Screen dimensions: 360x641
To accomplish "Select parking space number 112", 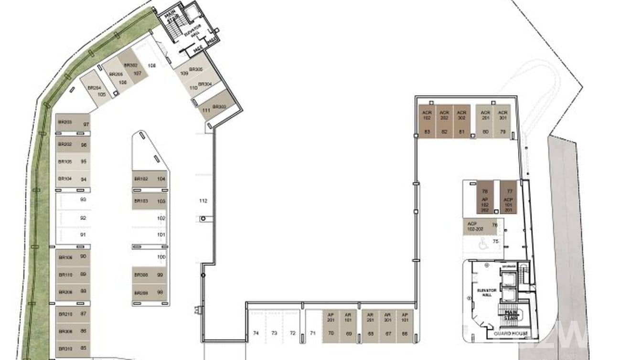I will coord(203,201).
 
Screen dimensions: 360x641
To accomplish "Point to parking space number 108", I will coord(152,65).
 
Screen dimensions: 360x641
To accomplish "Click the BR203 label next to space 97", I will coord(64,122).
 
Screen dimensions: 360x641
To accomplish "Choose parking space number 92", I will coord(83,218).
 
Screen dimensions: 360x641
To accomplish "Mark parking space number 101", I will coord(161,234).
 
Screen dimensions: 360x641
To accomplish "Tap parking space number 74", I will coord(256,333).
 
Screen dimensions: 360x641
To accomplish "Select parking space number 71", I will coord(313,333).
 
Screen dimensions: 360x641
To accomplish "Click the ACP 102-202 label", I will coord(473,226).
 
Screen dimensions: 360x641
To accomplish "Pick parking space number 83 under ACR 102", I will coord(427,131).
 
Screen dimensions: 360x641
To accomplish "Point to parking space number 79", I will coord(502,131).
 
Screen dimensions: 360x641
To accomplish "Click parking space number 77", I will coord(509,191).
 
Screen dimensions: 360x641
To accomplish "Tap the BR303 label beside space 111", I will coord(219,106).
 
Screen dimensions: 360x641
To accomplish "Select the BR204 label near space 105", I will coord(94,88).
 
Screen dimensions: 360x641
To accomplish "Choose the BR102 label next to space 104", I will coord(141,179).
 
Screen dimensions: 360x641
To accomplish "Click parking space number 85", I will coord(83,348).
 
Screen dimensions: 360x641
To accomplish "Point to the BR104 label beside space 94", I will coord(64,179).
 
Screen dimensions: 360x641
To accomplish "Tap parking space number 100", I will coord(161,257).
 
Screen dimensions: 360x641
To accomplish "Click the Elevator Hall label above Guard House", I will coord(487,293).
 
